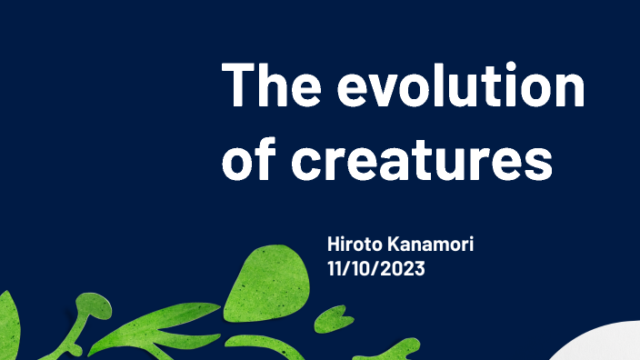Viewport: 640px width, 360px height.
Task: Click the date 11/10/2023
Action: point(376,269)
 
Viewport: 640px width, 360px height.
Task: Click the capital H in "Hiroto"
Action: point(334,245)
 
